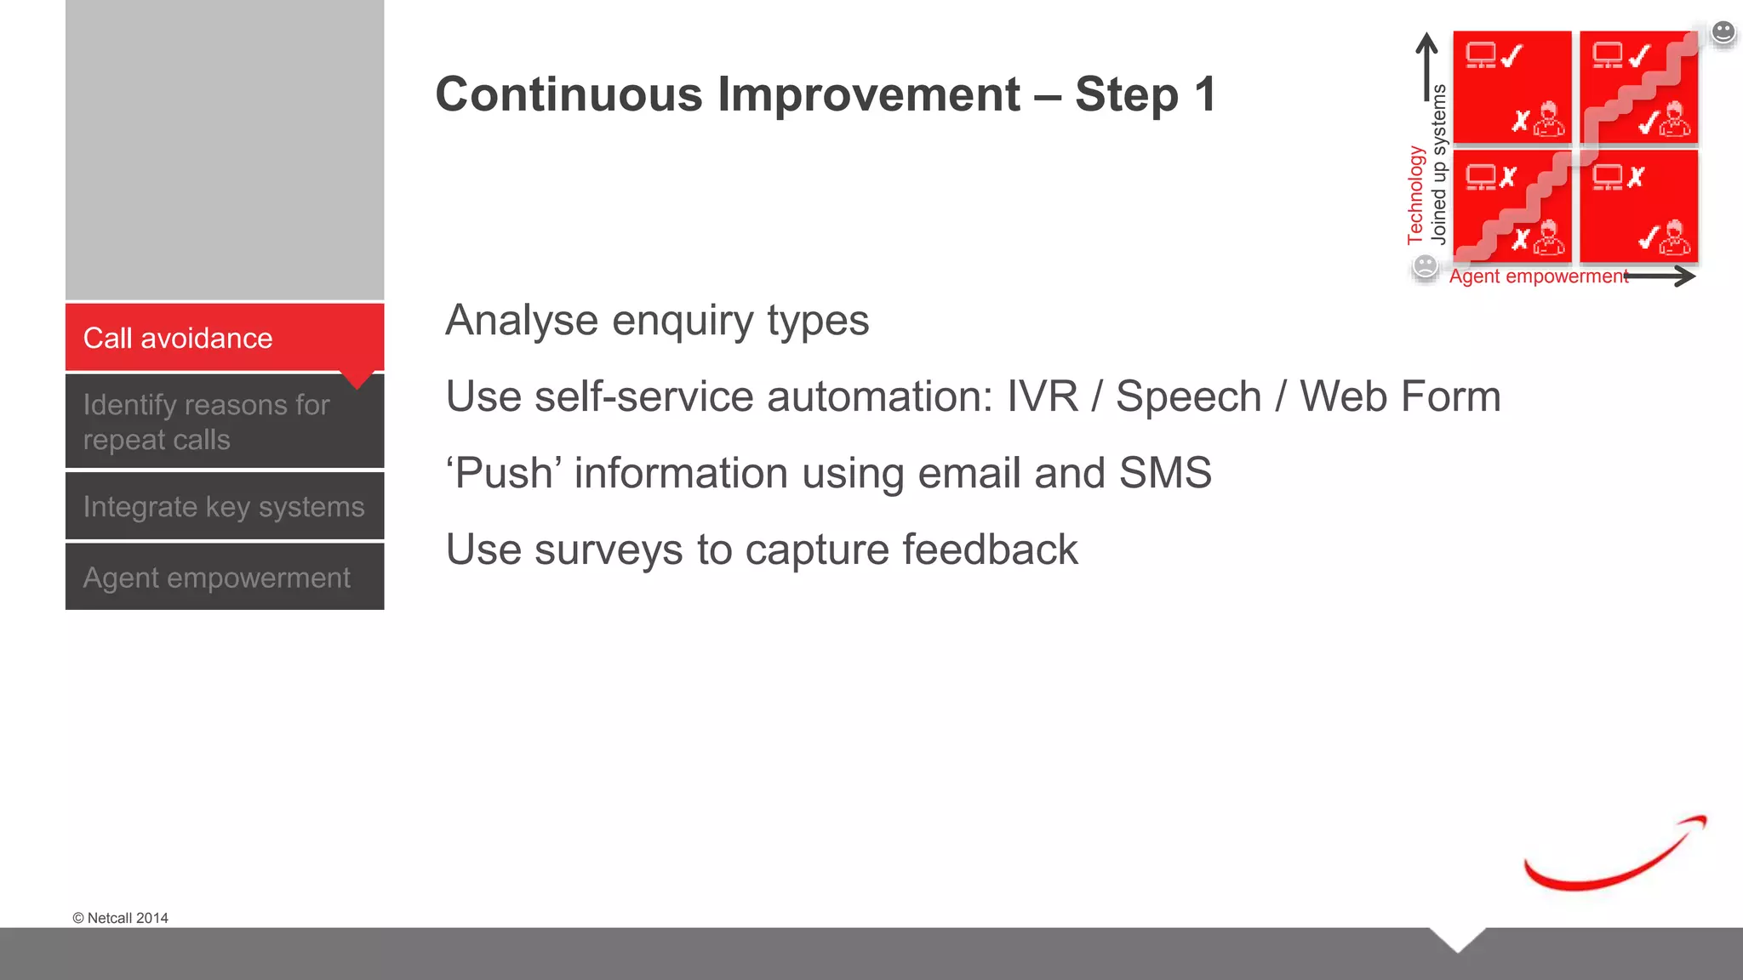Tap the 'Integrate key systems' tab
[x=224, y=506]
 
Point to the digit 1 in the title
[x=1204, y=94]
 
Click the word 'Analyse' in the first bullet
[x=522, y=321]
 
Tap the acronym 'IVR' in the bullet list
[x=1042, y=397]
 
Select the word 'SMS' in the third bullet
[x=1164, y=473]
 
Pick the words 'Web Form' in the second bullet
[x=1400, y=397]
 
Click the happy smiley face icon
[x=1723, y=32]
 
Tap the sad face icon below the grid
[x=1425, y=267]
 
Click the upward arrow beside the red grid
[x=1427, y=68]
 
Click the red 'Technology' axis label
[x=1415, y=195]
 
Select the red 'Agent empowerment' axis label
[x=1538, y=276]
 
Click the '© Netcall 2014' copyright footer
[x=120, y=918]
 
